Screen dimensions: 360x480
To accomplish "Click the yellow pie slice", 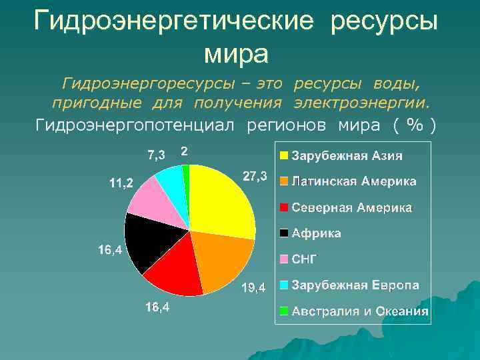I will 220,200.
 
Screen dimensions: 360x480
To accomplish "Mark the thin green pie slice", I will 186,175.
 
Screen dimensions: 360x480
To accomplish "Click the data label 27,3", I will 255,177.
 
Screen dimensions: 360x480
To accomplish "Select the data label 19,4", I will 253,288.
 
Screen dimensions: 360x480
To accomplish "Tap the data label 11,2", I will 121,183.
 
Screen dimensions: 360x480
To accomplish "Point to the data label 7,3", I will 157,155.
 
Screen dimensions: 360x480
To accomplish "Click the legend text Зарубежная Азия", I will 347,156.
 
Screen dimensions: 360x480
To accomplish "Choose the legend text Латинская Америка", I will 354,181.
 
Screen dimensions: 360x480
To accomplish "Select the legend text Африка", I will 317,233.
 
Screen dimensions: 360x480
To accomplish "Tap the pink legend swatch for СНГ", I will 284,259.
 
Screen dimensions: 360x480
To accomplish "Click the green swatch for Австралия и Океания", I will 284,311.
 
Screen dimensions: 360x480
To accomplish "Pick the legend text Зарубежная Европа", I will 355,285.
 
